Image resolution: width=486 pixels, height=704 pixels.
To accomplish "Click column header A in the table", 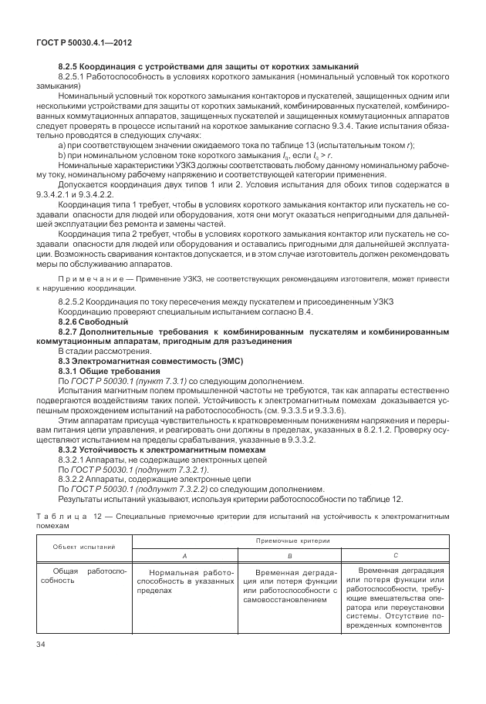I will tap(184, 555).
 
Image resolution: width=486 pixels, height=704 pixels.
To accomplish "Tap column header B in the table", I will tap(289, 555).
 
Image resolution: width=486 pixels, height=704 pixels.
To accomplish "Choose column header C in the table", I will tap(394, 555).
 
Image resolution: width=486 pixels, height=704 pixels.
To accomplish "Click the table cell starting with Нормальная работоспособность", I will tap(184, 584).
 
